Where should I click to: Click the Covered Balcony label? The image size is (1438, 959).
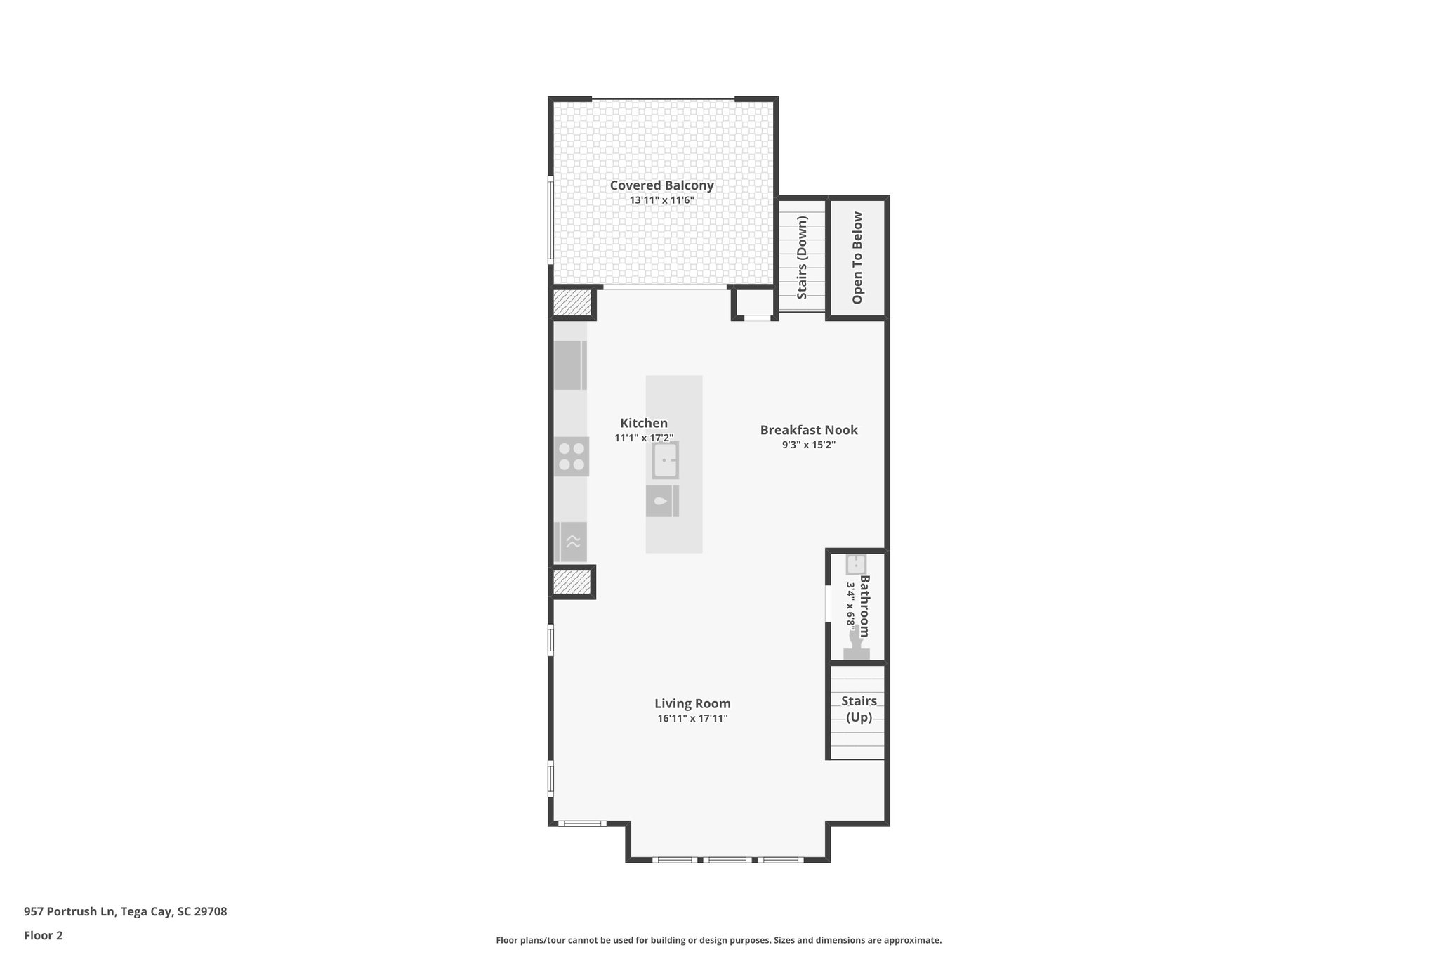click(x=661, y=185)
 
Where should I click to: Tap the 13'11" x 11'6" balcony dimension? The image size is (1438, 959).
click(x=661, y=200)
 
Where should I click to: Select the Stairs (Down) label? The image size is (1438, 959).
click(x=802, y=257)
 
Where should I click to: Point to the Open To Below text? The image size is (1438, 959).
click(x=857, y=258)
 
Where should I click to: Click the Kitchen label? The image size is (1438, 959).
click(x=644, y=423)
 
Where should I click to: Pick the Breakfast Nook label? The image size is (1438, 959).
click(x=809, y=430)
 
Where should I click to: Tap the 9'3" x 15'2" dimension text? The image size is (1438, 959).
click(x=809, y=445)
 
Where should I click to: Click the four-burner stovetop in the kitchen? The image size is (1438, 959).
click(x=571, y=456)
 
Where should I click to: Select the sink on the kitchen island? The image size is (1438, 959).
click(x=665, y=461)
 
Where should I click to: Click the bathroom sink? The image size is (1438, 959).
click(x=856, y=564)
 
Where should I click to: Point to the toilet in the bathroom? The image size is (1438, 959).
click(x=856, y=645)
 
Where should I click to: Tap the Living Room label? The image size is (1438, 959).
click(x=692, y=703)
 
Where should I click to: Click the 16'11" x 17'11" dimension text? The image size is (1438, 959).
click(x=692, y=718)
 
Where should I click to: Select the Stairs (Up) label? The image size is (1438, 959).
click(x=859, y=709)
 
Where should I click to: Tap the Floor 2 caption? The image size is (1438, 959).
click(x=44, y=935)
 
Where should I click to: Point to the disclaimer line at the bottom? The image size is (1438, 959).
click(x=718, y=940)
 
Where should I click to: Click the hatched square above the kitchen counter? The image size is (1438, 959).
click(x=572, y=304)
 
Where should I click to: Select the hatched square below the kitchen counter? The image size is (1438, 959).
click(x=572, y=582)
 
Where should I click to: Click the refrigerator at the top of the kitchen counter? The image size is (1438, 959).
click(x=569, y=365)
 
